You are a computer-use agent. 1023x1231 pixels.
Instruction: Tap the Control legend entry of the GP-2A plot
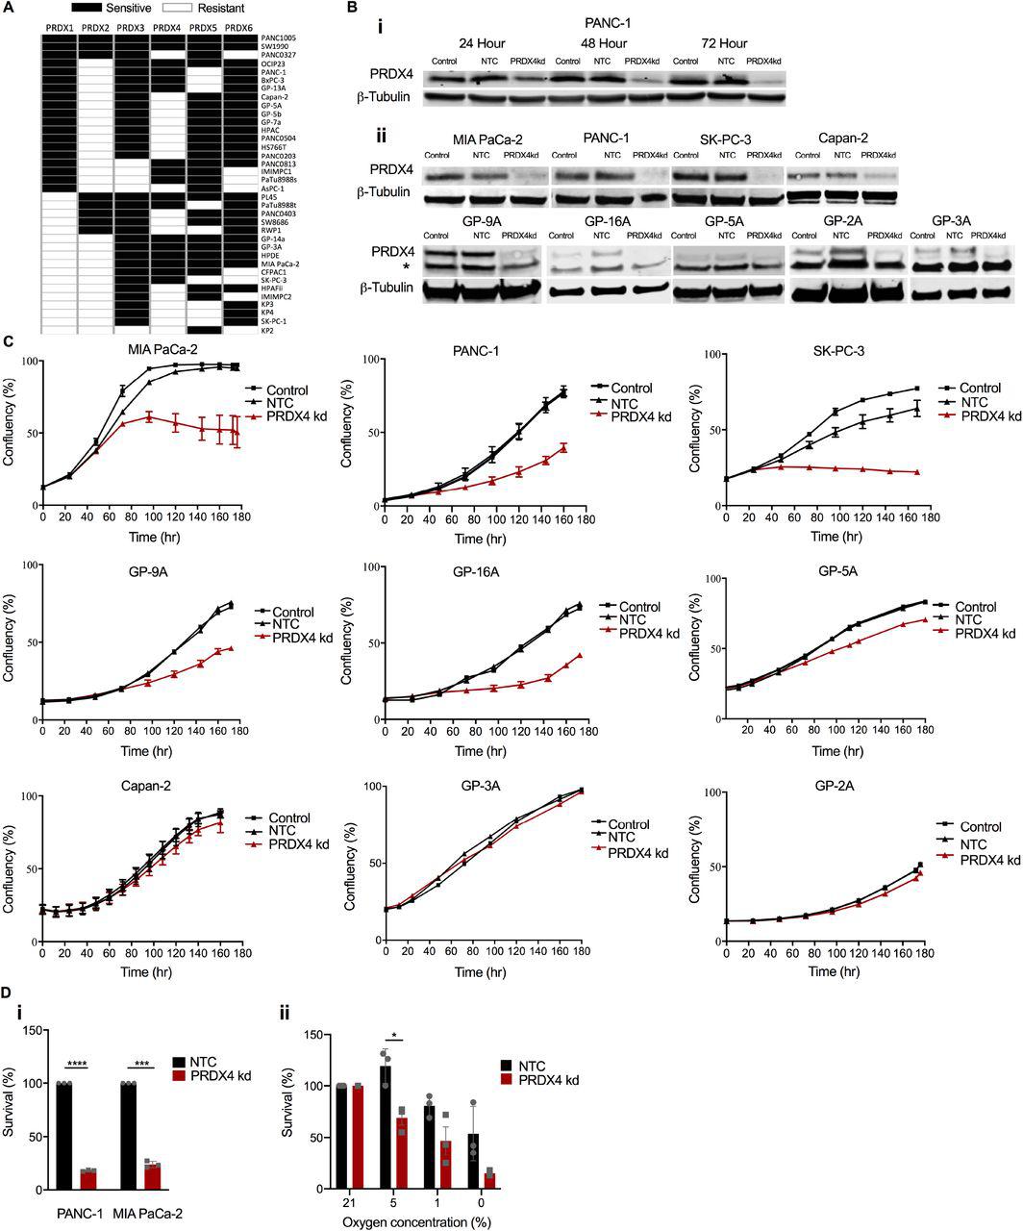click(981, 826)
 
